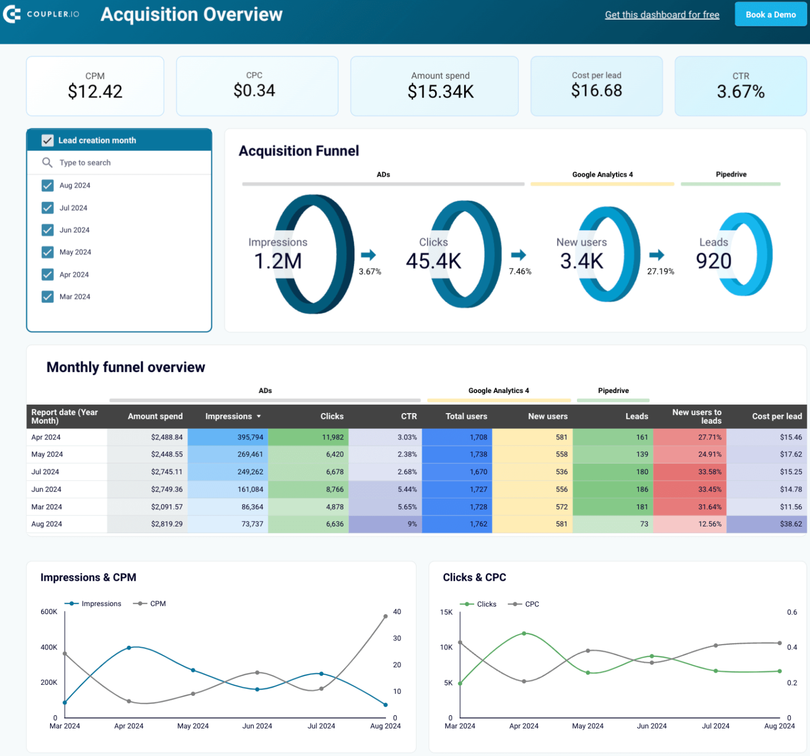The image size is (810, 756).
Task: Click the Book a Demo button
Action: (770, 15)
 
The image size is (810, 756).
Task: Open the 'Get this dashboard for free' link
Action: (662, 15)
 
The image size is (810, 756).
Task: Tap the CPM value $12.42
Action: (95, 92)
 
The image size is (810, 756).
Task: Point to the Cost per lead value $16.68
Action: (596, 91)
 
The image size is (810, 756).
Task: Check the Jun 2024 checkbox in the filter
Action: (47, 230)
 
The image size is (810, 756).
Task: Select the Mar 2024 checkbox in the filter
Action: (47, 296)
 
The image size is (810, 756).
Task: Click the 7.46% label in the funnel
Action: (520, 271)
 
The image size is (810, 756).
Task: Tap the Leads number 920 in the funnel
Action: (713, 261)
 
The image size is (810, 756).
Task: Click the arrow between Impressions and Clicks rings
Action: (368, 255)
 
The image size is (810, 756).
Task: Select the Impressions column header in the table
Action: (228, 416)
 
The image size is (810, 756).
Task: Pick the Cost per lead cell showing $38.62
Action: (790, 524)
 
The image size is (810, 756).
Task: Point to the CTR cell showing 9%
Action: (412, 524)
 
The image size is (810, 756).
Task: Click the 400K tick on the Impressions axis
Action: (49, 647)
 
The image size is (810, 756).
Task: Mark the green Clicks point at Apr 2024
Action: (524, 633)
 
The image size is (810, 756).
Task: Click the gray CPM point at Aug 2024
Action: (385, 616)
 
